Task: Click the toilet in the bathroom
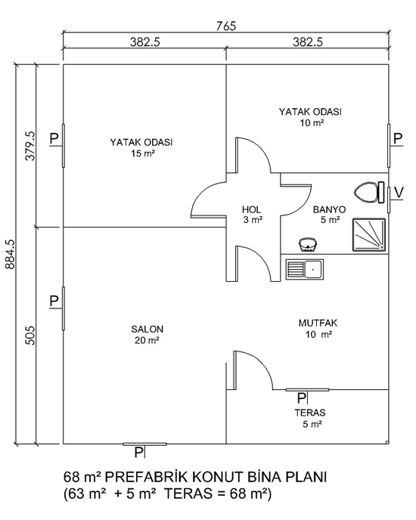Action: coord(369,192)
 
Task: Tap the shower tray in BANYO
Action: coord(369,234)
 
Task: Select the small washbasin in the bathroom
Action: coord(308,245)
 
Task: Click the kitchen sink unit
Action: coord(305,269)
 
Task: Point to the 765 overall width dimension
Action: coord(225,26)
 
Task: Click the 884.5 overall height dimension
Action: coord(10,254)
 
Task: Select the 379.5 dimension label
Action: coord(30,146)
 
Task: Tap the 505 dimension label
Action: coord(30,336)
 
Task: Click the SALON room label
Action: coord(147,330)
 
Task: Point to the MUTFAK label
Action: coord(318,323)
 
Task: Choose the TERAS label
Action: coord(310,413)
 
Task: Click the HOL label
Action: coord(251,209)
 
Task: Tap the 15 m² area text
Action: coord(144,153)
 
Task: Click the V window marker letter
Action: coord(398,192)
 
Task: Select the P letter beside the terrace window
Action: coord(301,398)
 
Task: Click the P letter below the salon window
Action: coord(138,452)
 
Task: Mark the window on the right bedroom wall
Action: coord(389,146)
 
